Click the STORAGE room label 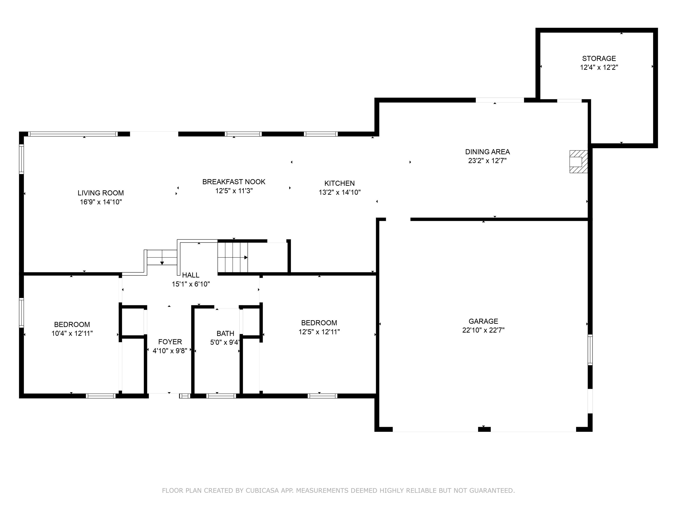599,58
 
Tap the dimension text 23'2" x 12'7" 487,161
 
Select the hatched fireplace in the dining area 578,161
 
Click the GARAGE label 483,321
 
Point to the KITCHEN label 339,183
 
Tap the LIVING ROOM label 101,193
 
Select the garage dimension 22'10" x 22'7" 483,330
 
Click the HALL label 191,275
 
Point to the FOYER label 170,342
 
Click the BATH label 225,333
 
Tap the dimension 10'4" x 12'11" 72,333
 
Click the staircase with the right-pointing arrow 233,257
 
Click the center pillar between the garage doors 484,429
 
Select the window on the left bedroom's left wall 21,313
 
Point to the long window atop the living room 73,134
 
